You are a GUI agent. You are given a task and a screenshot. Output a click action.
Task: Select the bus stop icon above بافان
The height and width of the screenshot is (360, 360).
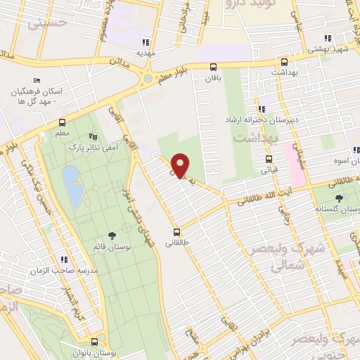point(212,67)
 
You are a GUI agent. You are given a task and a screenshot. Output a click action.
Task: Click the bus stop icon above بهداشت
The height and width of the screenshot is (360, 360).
point(283,61)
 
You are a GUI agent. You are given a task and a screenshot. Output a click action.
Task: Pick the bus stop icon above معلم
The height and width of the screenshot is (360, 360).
point(63,120)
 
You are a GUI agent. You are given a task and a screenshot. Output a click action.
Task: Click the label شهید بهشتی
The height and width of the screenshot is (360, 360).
point(328,49)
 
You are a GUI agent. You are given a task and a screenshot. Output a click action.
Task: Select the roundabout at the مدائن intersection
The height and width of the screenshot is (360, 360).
point(147,78)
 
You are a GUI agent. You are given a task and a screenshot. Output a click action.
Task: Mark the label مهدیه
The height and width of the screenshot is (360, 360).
point(144,52)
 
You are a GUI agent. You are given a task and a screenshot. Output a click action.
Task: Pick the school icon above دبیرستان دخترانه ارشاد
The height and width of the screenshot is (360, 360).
point(261,109)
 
